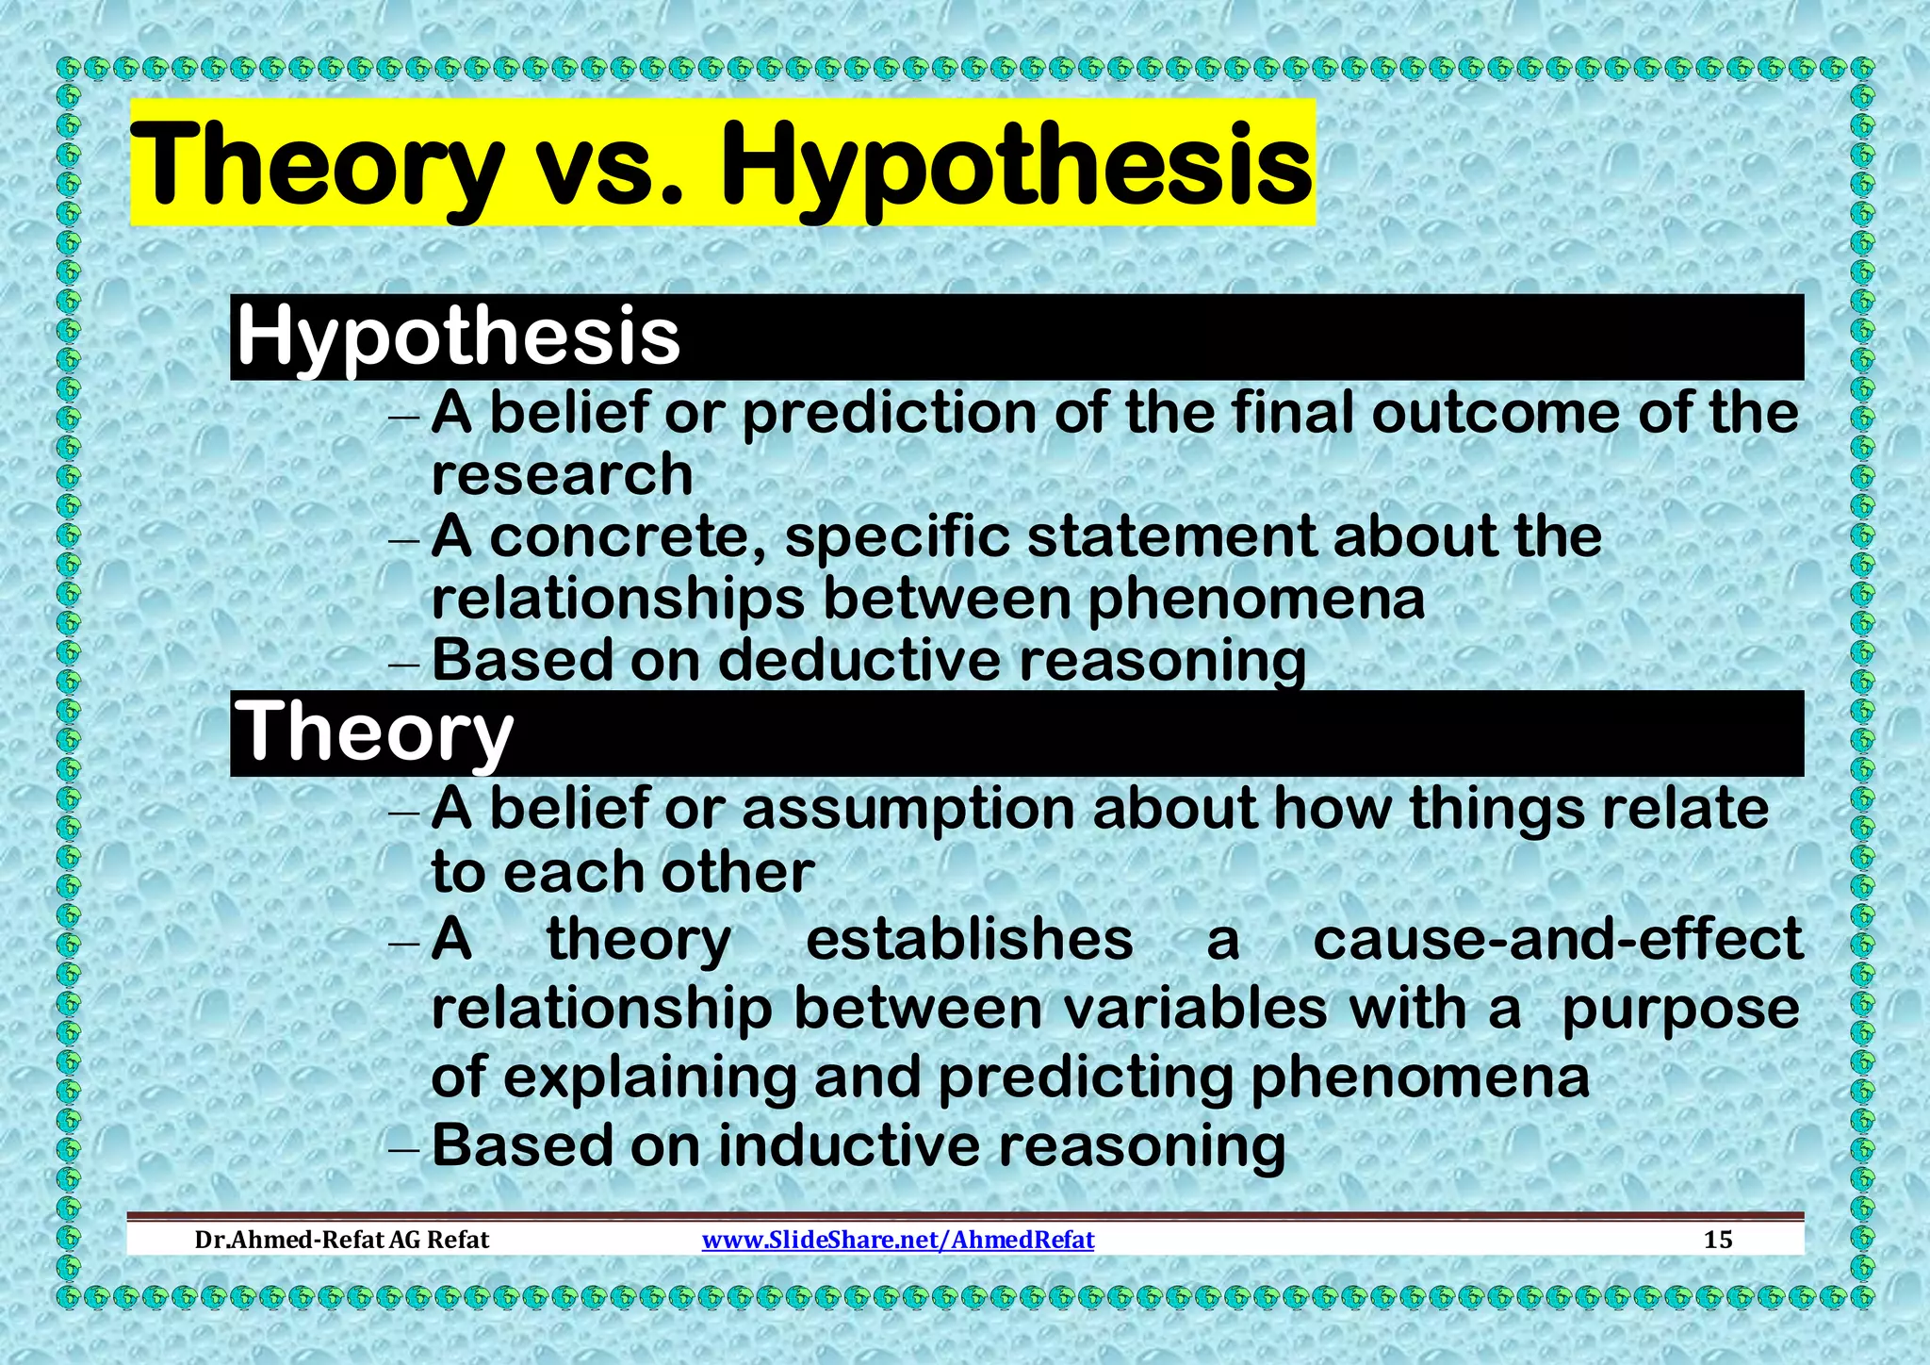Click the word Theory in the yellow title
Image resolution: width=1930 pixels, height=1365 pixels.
[x=316, y=165]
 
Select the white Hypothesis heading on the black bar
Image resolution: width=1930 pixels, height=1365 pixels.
[x=458, y=337]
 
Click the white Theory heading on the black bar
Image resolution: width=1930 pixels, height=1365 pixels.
[x=375, y=732]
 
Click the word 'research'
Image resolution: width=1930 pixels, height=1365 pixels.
[x=562, y=473]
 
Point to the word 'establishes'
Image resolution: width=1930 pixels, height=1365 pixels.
[x=969, y=940]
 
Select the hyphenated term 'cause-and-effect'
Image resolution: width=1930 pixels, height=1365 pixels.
[x=1557, y=940]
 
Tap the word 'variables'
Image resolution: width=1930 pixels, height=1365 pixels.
[x=1195, y=1009]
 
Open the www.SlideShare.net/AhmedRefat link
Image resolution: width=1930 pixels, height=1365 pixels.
[x=898, y=1239]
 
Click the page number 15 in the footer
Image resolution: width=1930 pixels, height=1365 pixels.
[x=1718, y=1239]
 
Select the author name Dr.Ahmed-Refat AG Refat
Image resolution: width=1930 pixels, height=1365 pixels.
[x=341, y=1239]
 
